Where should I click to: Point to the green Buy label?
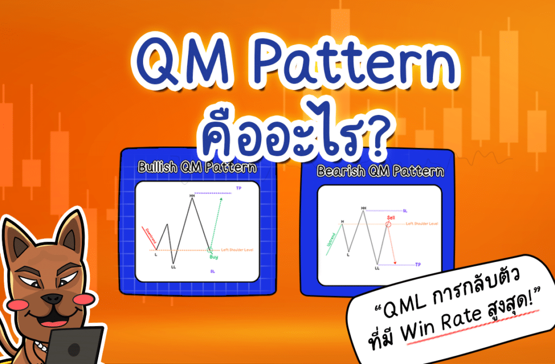(214, 257)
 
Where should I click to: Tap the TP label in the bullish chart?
(238, 188)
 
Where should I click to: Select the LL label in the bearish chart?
(377, 267)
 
